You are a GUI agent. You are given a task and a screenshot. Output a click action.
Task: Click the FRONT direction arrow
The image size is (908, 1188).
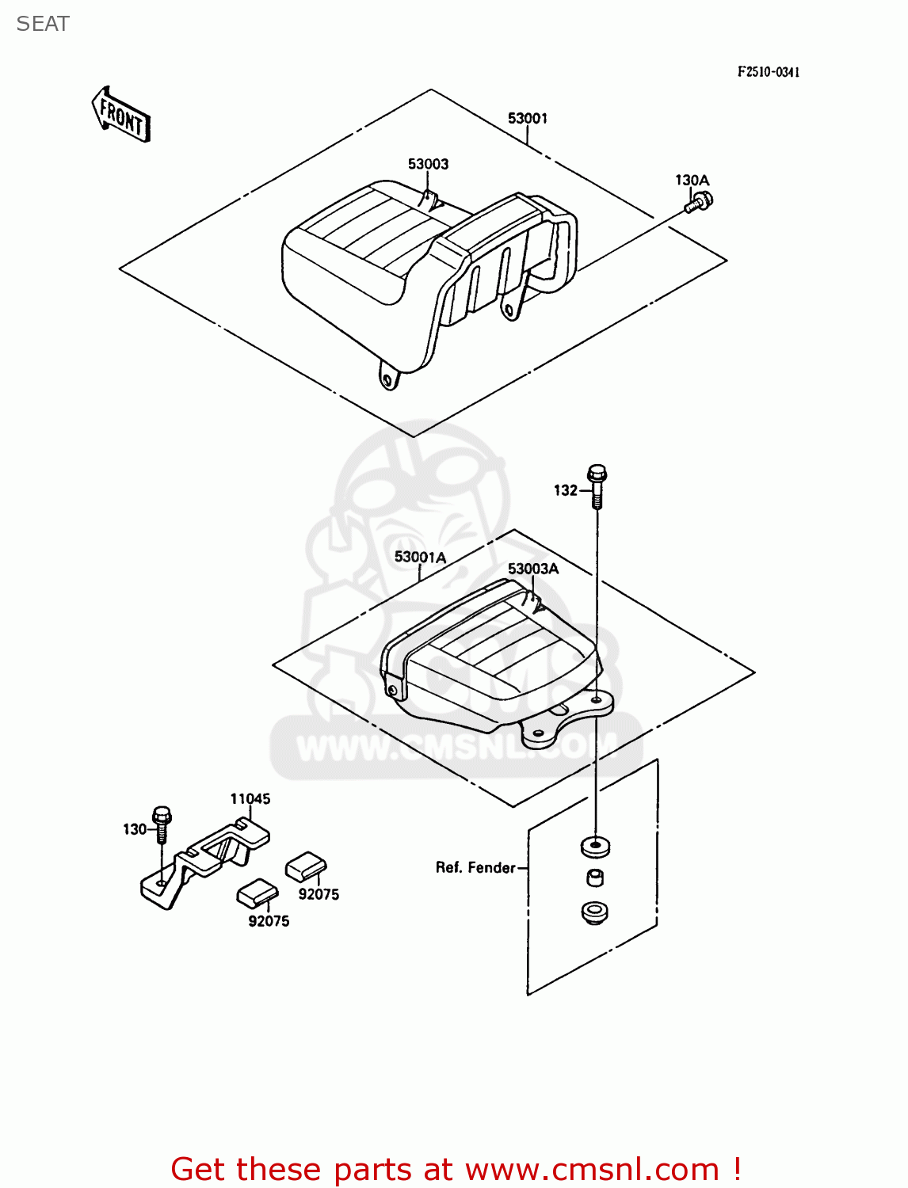click(120, 116)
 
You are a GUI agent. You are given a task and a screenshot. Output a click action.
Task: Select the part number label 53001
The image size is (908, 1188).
click(527, 119)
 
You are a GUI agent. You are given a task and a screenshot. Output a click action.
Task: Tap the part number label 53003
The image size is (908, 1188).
click(428, 164)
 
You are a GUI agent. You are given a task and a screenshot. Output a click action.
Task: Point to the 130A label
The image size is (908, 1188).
click(692, 181)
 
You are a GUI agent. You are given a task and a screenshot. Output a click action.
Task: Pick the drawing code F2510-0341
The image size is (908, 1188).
click(768, 72)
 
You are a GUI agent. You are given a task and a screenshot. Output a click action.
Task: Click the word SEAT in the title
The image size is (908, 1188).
click(43, 25)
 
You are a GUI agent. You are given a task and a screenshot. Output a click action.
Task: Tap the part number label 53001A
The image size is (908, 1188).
click(420, 558)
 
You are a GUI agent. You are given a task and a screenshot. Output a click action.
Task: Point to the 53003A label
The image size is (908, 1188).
click(532, 569)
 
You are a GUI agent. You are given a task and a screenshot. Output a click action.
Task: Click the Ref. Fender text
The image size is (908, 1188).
click(475, 868)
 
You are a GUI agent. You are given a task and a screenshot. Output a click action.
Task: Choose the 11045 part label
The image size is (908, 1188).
click(250, 799)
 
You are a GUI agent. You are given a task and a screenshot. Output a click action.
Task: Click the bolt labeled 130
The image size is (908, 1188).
click(162, 824)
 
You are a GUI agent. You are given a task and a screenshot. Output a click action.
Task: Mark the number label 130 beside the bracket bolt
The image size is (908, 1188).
click(134, 829)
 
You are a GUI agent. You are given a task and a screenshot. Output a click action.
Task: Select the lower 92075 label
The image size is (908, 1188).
click(269, 921)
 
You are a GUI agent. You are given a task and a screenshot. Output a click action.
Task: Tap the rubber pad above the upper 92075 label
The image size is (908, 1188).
click(305, 866)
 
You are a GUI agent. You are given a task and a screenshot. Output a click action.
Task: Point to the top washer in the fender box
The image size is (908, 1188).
click(595, 846)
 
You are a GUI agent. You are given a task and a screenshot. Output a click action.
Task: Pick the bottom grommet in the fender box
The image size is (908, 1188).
click(594, 912)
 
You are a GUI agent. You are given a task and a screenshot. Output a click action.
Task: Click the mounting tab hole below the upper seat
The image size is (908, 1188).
click(387, 381)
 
